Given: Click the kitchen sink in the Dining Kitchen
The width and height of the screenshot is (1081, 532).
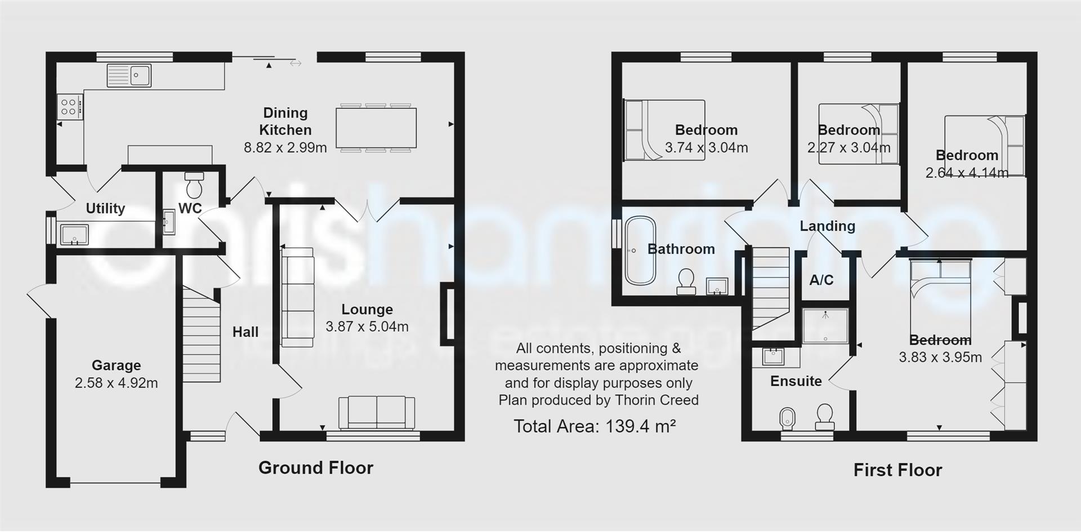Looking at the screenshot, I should click(x=129, y=75).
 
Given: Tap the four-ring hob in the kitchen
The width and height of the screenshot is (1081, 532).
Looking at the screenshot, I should click(x=69, y=107).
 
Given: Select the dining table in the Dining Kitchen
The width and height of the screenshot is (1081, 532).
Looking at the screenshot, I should click(x=376, y=128).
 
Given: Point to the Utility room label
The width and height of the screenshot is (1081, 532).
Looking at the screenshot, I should click(x=105, y=208).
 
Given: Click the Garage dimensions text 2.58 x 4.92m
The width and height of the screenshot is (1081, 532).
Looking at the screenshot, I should click(x=116, y=383).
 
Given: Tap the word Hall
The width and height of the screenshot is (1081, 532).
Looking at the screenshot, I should click(x=245, y=332).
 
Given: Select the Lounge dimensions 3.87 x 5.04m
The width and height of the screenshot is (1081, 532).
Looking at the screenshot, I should click(x=367, y=327).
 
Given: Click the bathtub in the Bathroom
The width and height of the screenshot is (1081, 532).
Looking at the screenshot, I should click(x=640, y=251).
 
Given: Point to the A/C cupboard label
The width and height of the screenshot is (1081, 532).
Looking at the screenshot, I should click(x=821, y=280).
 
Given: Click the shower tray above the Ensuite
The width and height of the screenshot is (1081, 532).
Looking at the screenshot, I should click(x=825, y=325).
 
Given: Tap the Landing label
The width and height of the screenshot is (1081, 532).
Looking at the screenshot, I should click(x=827, y=226).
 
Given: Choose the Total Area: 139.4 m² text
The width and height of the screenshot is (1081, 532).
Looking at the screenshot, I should click(x=595, y=426).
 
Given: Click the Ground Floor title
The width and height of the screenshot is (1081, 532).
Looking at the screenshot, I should click(x=315, y=468).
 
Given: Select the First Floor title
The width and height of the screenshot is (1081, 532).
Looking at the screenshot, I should click(x=897, y=470).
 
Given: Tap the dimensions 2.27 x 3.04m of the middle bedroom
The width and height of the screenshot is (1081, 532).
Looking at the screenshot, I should click(x=848, y=148).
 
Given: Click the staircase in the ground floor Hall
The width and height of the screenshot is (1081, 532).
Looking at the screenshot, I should click(x=201, y=336).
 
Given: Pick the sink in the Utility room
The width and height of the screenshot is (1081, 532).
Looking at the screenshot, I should click(x=74, y=235).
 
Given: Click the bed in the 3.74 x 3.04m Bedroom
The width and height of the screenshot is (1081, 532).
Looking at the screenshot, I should click(x=663, y=131).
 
